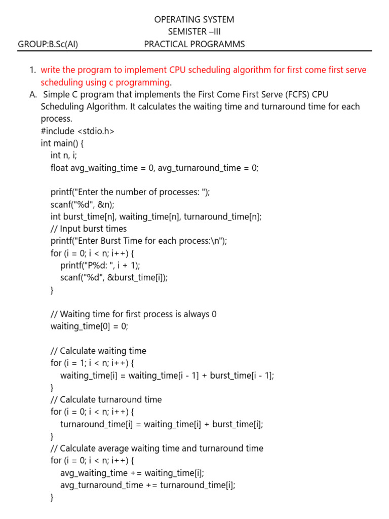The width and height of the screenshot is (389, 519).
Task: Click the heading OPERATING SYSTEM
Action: [x=194, y=20]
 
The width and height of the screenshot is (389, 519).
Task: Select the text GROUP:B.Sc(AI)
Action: [x=48, y=44]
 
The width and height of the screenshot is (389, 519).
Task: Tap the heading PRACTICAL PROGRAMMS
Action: [x=194, y=44]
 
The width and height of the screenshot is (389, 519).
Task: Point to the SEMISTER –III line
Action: [x=194, y=32]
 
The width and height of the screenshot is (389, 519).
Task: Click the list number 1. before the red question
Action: [x=32, y=70]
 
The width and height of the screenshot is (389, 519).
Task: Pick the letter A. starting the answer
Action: [x=33, y=94]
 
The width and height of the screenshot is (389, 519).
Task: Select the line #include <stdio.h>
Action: [x=77, y=131]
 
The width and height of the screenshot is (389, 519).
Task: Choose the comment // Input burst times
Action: [x=89, y=229]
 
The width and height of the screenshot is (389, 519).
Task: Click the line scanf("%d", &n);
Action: [x=83, y=204]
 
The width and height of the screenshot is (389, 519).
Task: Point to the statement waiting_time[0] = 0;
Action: [x=89, y=326]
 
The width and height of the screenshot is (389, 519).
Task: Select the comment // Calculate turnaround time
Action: [x=106, y=399]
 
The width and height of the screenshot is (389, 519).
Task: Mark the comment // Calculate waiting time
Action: [x=98, y=351]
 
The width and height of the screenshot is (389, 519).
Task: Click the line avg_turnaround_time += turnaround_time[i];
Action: [x=148, y=485]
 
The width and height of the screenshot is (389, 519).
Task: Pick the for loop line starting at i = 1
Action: [x=93, y=363]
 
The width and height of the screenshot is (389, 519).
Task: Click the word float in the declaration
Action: [x=59, y=168]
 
